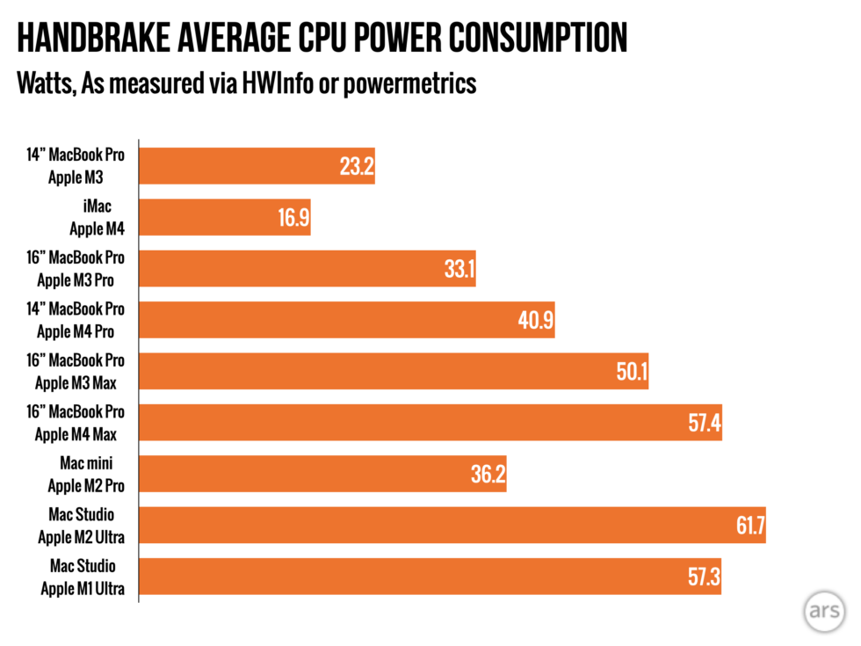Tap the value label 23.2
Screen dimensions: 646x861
[356, 166]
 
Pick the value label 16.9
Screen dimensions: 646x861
[293, 218]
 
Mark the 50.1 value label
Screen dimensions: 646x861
[630, 371]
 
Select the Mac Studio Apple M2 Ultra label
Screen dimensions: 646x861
[82, 525]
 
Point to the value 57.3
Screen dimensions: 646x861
[702, 577]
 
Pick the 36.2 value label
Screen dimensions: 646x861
[488, 474]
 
